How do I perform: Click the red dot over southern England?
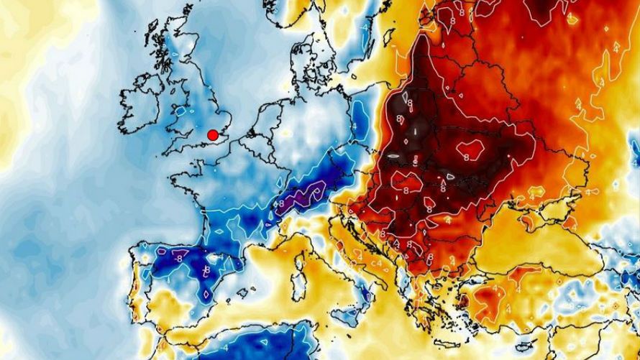coord(213,134)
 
